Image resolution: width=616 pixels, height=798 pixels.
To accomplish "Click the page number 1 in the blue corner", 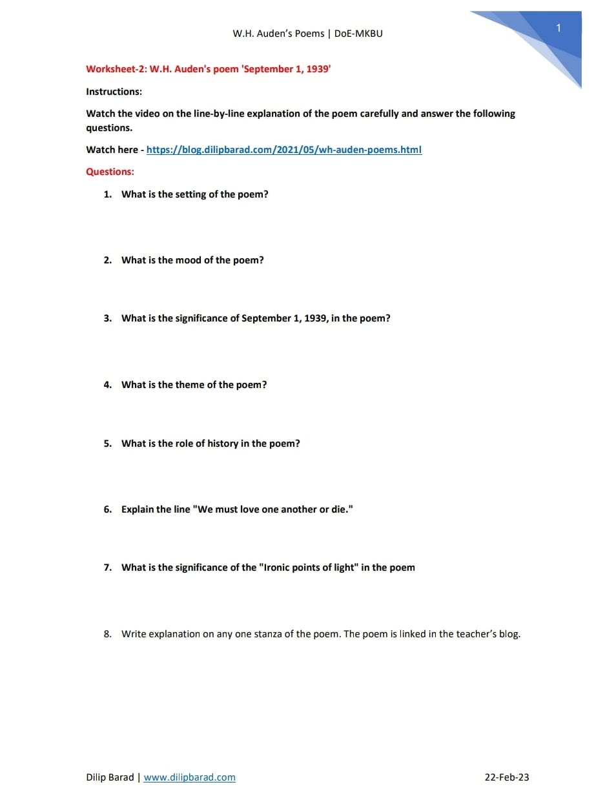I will pyautogui.click(x=559, y=28).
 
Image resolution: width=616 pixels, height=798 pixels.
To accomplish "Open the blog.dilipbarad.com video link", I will pyautogui.click(x=283, y=150).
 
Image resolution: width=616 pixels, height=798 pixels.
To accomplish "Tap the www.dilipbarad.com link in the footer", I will pyautogui.click(x=189, y=777).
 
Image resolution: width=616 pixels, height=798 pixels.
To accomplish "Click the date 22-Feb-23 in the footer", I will pyautogui.click(x=506, y=777).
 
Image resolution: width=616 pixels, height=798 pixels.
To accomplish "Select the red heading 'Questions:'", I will pyautogui.click(x=110, y=172).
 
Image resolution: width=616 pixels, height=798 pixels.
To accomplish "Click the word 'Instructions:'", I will pyautogui.click(x=114, y=92).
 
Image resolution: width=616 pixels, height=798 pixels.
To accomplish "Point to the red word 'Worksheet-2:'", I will pyautogui.click(x=116, y=69).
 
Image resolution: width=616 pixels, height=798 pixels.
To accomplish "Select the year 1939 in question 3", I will pyautogui.click(x=315, y=318).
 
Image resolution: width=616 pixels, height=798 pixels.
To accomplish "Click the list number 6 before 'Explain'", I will pyautogui.click(x=107, y=509).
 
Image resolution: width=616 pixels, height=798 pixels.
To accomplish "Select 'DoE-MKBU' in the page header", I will pyautogui.click(x=358, y=34).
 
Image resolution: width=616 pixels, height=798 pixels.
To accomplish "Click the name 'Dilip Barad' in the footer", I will pyautogui.click(x=110, y=777).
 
